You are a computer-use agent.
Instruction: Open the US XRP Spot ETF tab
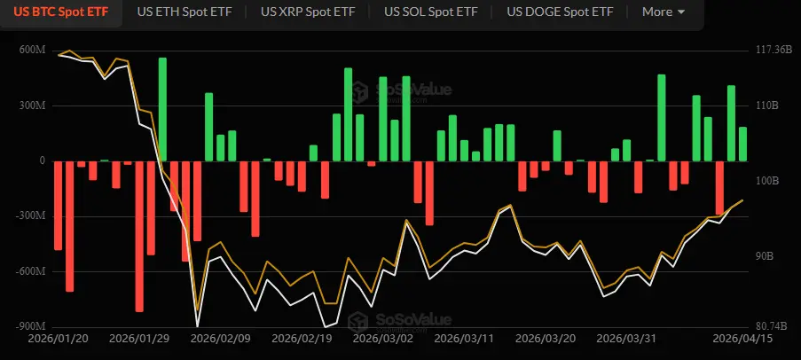click(308, 12)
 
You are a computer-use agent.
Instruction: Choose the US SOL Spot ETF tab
click(430, 12)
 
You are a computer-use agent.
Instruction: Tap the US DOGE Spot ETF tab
click(559, 12)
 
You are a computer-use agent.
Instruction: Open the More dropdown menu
click(663, 12)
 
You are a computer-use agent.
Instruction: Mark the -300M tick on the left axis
click(29, 215)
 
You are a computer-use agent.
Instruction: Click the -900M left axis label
click(29, 326)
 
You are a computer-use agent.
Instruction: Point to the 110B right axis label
click(765, 106)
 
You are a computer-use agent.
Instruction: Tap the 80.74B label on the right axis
click(768, 326)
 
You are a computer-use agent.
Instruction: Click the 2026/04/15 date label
click(743, 339)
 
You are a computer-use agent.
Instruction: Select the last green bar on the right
click(742, 144)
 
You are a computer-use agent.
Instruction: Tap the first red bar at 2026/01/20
click(59, 205)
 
